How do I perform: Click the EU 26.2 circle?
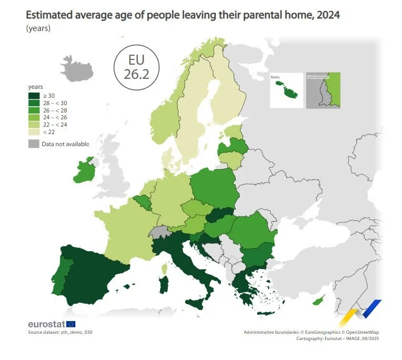tap(136, 68)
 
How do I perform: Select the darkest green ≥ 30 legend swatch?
tap(34, 96)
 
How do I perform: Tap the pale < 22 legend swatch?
tap(34, 132)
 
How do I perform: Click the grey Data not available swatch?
tap(34, 144)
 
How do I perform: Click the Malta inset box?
tap(286, 90)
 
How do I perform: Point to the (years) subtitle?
tap(38, 28)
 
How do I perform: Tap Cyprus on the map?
tap(317, 301)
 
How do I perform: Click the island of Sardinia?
tap(164, 286)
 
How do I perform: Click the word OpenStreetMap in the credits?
tap(360, 332)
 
